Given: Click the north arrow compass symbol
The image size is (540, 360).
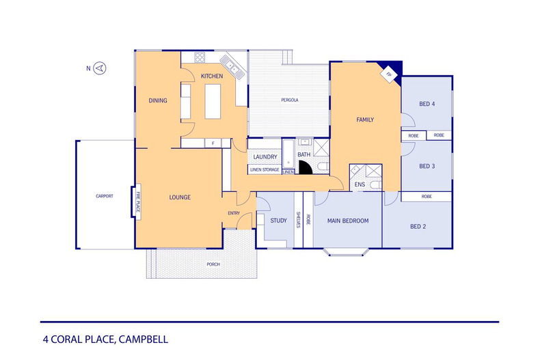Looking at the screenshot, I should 100,68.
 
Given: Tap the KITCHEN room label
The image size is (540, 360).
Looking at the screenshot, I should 212,76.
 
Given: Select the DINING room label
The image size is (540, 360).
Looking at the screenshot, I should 158,101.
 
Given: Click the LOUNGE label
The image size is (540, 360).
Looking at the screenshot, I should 180,197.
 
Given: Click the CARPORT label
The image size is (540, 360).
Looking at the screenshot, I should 105,196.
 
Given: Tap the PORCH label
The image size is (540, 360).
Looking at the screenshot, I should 214,264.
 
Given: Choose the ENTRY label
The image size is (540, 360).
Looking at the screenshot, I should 234,214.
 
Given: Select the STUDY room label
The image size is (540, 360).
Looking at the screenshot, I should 278,221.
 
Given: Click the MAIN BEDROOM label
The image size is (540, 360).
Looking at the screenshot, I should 347,221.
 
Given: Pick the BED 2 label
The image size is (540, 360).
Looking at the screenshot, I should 418,226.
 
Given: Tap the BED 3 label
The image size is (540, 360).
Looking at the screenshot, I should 427,166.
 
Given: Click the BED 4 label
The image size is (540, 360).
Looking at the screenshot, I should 427,104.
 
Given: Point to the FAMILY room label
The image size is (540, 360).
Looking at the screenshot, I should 365,120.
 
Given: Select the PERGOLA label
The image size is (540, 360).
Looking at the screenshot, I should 290,100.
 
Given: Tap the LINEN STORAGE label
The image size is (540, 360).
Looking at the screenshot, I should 265,169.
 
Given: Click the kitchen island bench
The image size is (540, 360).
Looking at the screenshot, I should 213,100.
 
